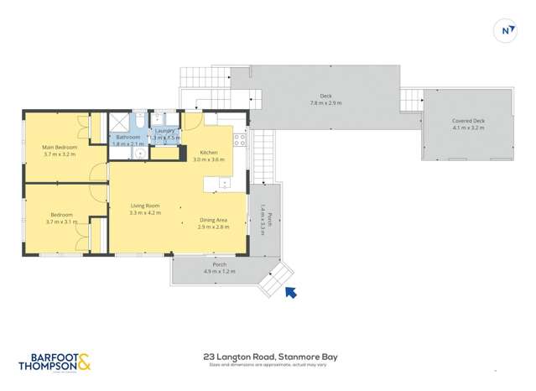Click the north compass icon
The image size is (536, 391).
[x=507, y=31]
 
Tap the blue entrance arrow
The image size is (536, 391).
[x=290, y=292]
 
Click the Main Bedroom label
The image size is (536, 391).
[x=60, y=148]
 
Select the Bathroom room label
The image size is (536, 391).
[x=127, y=137]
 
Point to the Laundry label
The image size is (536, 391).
[x=164, y=131]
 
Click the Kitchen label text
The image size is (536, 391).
[x=209, y=152]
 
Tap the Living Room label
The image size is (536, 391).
[x=144, y=206]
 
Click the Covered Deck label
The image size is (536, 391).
[x=468, y=121]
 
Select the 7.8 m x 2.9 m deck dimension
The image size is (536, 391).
[x=325, y=102]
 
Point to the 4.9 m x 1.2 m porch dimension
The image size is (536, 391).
[x=219, y=272]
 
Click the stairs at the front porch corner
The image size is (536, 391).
[x=274, y=279]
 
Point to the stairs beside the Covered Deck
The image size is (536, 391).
[x=410, y=100]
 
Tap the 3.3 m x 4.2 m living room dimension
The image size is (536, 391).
[x=144, y=213]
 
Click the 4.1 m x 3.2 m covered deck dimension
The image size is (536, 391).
[x=468, y=128]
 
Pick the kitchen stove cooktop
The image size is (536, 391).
[x=240, y=140]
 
